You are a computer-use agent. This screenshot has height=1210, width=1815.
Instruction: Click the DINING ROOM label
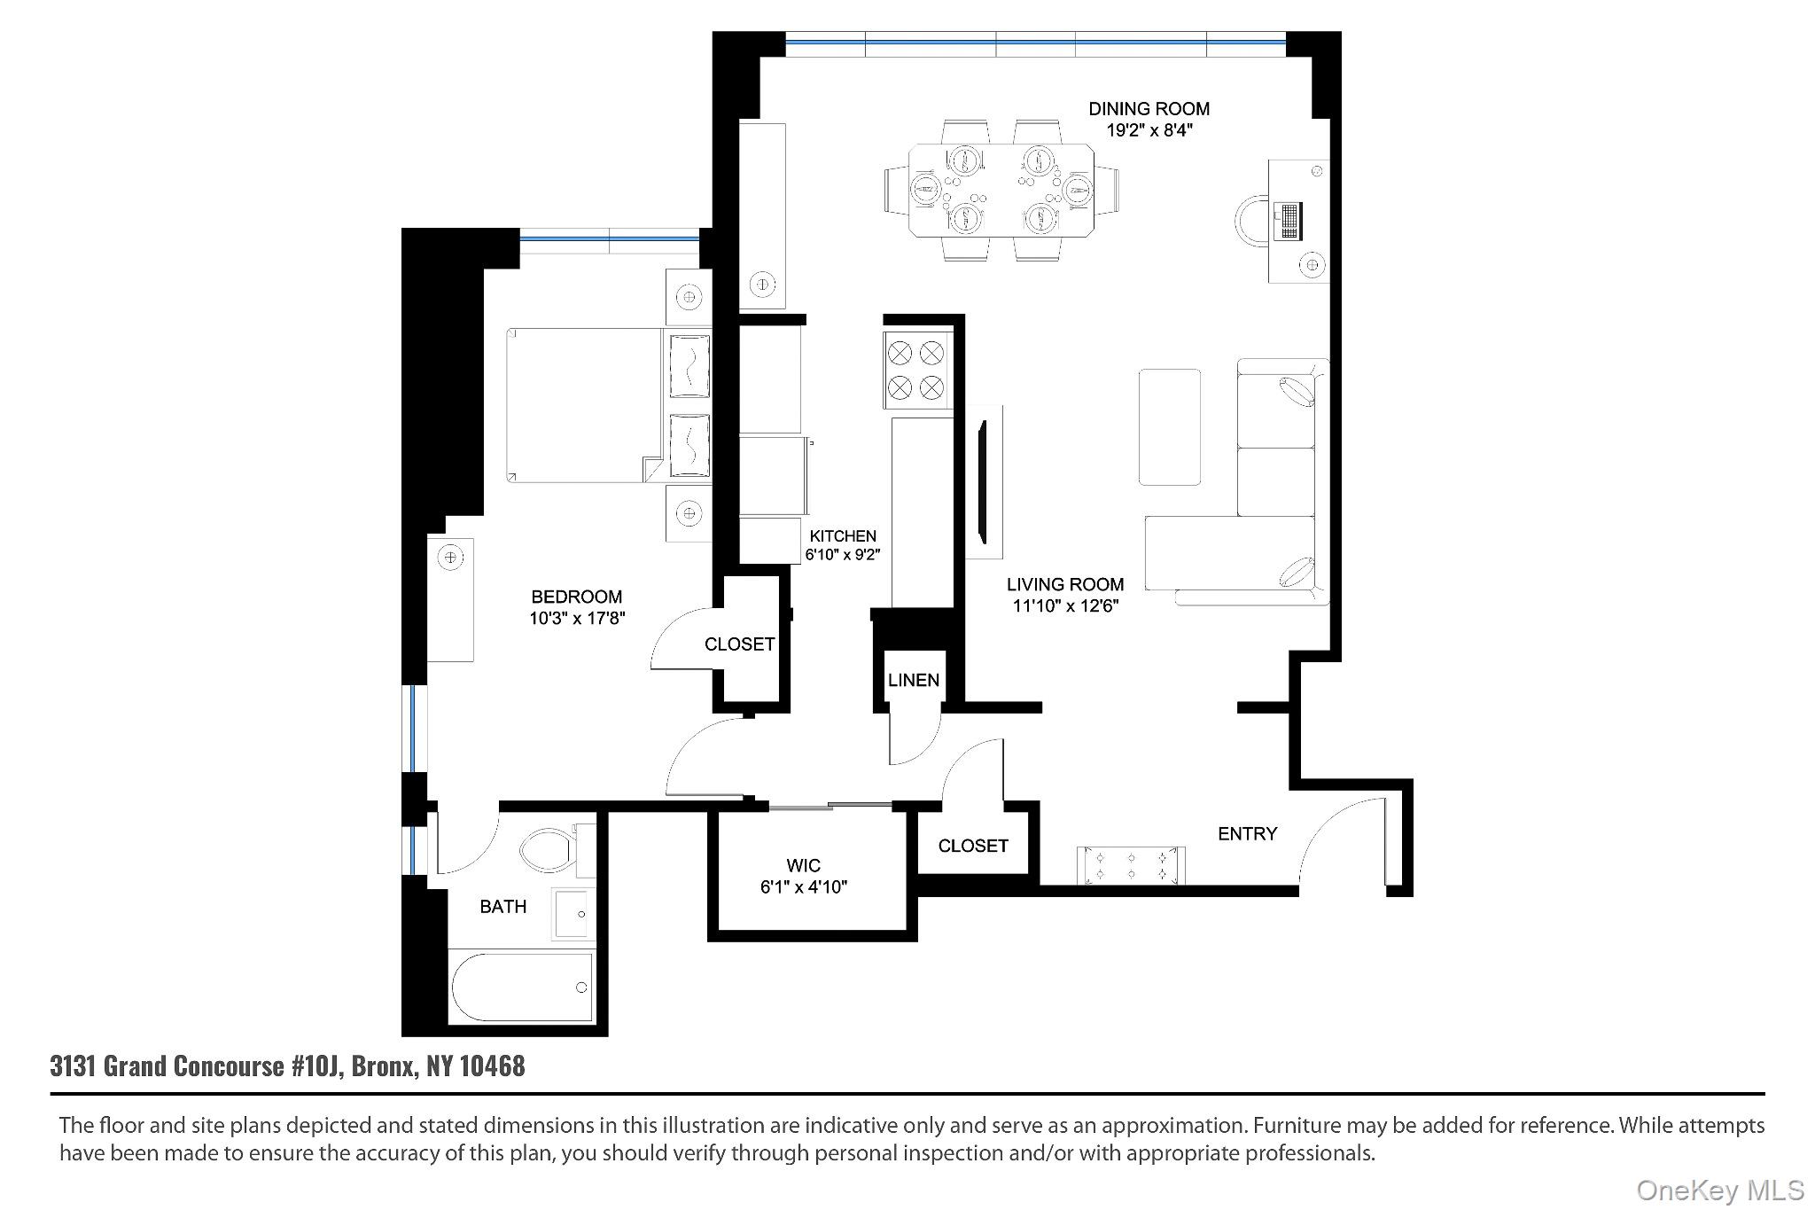point(1149,109)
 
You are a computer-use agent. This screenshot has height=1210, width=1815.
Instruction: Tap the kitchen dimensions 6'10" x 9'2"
point(842,556)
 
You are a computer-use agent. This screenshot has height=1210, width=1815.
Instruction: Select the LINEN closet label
point(913,680)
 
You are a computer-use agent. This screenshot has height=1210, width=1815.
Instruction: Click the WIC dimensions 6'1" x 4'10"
point(803,886)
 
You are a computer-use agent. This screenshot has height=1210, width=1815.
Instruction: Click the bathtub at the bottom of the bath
point(521,987)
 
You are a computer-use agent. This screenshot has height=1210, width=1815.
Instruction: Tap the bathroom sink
point(572,912)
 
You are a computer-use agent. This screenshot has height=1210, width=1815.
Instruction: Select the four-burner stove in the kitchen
point(916,371)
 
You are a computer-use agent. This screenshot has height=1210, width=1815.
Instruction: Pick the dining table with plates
point(1001,190)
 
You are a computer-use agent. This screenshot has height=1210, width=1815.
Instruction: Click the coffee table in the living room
point(1169,427)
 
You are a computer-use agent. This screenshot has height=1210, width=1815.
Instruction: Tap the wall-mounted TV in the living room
point(982,483)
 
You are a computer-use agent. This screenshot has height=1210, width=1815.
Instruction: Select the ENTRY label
point(1247,833)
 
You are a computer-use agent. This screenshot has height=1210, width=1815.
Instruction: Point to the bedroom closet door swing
point(681,640)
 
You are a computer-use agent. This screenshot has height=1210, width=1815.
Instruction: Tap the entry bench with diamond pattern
point(1131,865)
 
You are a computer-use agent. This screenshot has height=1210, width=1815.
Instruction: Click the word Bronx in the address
point(383,1066)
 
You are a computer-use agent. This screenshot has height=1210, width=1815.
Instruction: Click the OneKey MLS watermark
point(1719,1190)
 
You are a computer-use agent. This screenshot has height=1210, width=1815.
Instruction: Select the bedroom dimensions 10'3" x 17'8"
point(577,618)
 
